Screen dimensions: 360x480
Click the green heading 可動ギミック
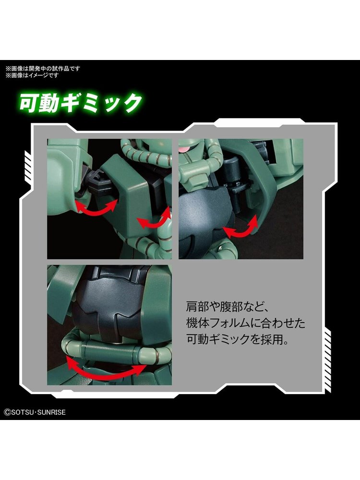coord(81,102)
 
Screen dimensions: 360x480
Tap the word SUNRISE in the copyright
coord(51,412)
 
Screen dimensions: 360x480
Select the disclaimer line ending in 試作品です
coord(43,69)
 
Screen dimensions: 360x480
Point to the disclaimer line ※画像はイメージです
coord(32,75)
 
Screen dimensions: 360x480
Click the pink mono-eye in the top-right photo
coord(185,148)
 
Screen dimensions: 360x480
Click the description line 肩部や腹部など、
coord(227,307)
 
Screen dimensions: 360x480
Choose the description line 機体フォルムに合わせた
coord(246,323)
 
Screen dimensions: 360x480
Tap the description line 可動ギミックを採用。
coord(238,339)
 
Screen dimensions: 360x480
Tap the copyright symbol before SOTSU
coord(7,412)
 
